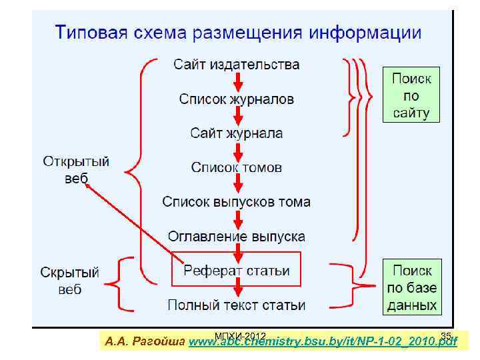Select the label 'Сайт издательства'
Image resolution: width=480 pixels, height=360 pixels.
[237, 65]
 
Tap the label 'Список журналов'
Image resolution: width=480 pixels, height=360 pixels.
[237, 99]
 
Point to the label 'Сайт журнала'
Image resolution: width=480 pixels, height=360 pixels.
[237, 133]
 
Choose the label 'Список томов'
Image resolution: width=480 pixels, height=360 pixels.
[237, 167]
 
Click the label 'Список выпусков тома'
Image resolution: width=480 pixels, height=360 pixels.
[237, 201]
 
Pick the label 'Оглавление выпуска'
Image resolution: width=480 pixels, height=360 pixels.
[237, 237]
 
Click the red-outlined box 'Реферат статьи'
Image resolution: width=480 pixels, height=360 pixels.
[237, 271]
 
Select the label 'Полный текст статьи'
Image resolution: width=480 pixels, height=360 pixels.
[237, 305]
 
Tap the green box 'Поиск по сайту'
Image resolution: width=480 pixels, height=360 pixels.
[411, 94]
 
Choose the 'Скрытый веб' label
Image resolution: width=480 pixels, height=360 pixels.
[70, 281]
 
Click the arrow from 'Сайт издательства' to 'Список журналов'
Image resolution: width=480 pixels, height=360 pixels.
[237, 82]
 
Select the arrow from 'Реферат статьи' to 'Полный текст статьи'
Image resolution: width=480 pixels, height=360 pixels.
[237, 289]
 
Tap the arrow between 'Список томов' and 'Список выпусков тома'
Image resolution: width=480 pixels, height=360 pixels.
[237, 185]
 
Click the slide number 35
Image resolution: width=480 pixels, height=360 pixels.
[446, 335]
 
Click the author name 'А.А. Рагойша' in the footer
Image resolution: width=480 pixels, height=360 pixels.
[145, 342]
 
